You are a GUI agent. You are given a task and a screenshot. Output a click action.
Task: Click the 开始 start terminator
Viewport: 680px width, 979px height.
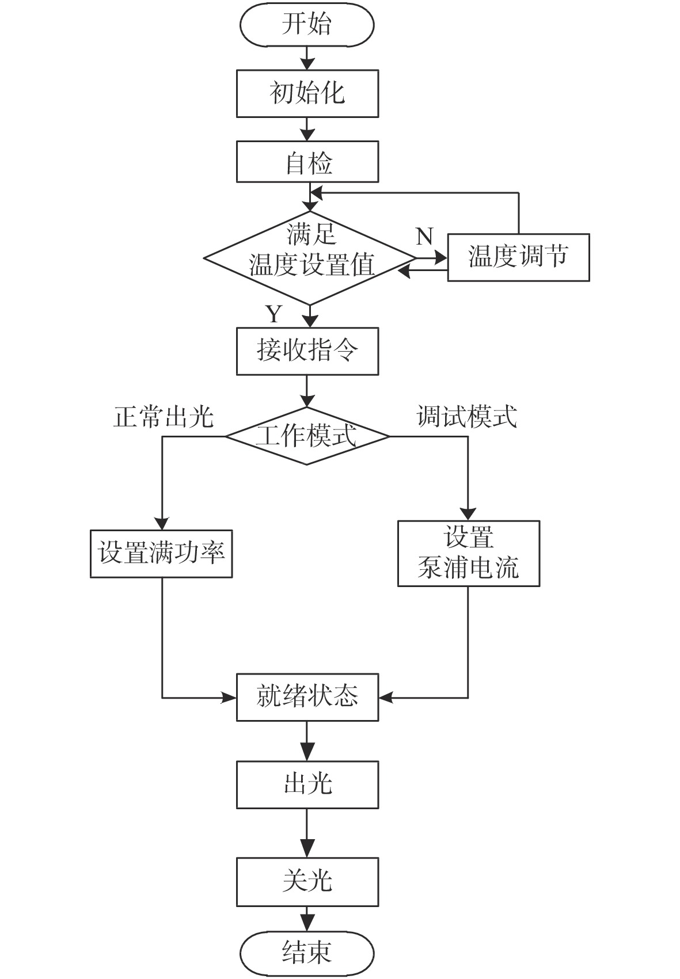pos(307,25)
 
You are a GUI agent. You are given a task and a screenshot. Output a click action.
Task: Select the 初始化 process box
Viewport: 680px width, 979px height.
pos(307,93)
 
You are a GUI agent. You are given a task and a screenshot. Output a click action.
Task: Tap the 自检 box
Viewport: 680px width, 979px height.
pos(307,162)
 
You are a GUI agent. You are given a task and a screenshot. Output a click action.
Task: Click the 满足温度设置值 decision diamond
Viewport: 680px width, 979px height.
pos(310,257)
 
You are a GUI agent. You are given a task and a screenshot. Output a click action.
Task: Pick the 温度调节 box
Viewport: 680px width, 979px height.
pos(518,257)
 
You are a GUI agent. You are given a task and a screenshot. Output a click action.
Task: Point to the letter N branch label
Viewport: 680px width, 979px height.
pos(424,236)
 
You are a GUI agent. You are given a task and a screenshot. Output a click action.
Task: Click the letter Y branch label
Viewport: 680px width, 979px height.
pos(273,314)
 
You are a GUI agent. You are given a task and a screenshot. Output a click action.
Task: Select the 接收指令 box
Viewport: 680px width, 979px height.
pos(307,351)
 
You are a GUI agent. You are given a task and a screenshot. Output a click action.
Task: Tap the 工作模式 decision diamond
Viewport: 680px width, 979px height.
pos(307,436)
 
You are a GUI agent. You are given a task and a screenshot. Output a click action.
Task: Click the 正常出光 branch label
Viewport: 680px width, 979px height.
pos(164,416)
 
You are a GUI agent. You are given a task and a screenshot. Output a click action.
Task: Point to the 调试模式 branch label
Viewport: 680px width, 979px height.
pos(466,416)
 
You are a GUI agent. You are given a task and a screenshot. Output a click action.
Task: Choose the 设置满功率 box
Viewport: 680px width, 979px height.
pos(161,554)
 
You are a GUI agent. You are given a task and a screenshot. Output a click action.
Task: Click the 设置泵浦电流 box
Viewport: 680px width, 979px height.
pos(468,554)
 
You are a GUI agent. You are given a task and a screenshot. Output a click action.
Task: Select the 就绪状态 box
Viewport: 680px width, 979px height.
pos(307,697)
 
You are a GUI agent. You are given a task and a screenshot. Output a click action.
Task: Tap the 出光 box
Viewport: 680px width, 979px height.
pos(307,784)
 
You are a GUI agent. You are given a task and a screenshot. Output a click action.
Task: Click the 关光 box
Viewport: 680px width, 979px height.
pos(307,881)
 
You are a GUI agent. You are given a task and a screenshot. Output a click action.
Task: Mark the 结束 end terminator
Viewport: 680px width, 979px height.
pos(307,952)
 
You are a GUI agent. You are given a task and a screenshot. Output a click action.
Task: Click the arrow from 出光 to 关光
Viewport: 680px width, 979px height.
pos(307,833)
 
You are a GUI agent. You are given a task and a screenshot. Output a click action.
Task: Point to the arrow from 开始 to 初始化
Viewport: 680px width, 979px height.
pos(307,58)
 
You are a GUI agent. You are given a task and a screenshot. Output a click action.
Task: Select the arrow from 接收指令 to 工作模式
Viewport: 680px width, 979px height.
pos(307,391)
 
